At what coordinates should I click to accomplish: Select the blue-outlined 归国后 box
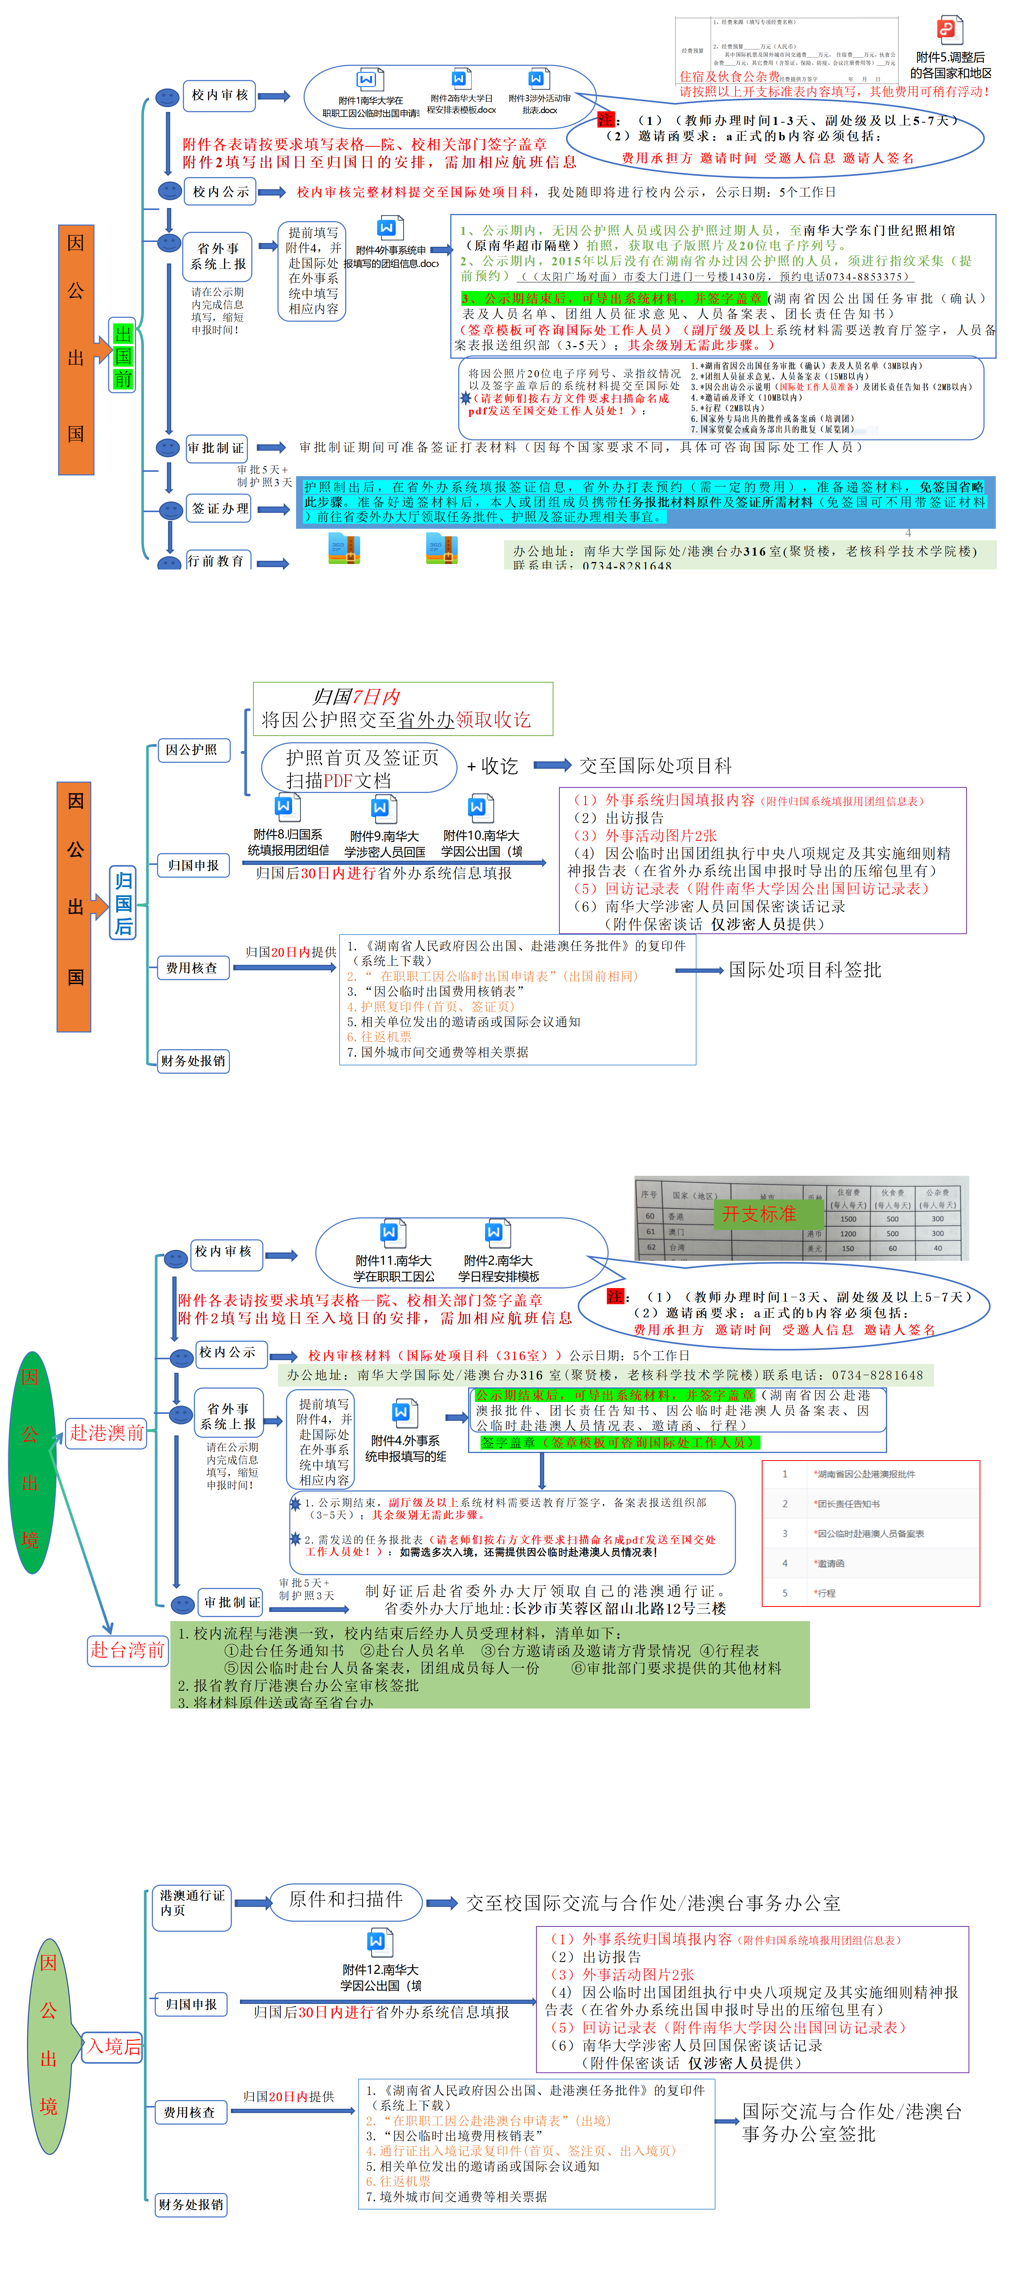123,902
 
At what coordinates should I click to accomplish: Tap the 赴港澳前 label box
106,1432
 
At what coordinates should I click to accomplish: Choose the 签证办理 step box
219,509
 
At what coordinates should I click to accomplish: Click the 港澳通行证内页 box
192,1903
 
